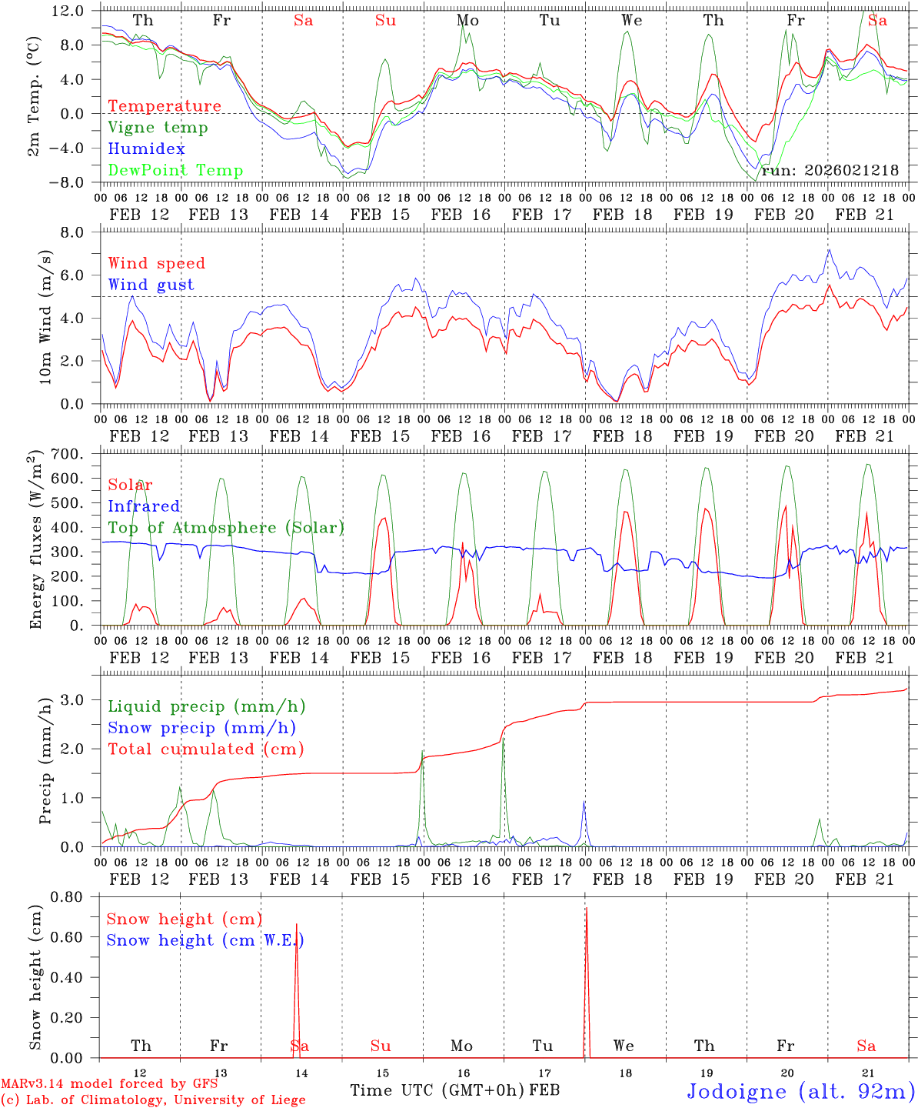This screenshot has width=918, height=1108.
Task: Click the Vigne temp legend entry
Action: point(158,128)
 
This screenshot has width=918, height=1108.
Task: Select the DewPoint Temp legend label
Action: point(175,171)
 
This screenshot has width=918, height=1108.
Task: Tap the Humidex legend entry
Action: point(146,149)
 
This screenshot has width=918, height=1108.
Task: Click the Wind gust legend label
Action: point(151,285)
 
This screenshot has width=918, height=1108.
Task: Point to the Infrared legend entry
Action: point(144,506)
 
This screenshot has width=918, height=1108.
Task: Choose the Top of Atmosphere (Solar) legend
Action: point(226,528)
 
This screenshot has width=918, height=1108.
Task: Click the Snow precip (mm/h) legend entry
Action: point(201,728)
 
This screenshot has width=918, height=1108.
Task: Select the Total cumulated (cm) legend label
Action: point(205,749)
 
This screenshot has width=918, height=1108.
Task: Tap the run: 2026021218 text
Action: point(830,171)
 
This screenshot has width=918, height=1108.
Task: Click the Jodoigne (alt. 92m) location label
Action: point(800,1091)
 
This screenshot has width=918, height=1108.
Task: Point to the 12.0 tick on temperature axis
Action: point(68,11)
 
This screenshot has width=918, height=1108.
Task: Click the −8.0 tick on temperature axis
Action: point(68,182)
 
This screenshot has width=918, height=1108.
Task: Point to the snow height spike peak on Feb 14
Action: point(297,924)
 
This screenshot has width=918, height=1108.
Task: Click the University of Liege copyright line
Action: point(153,1100)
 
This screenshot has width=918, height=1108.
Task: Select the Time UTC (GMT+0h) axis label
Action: point(437,1090)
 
